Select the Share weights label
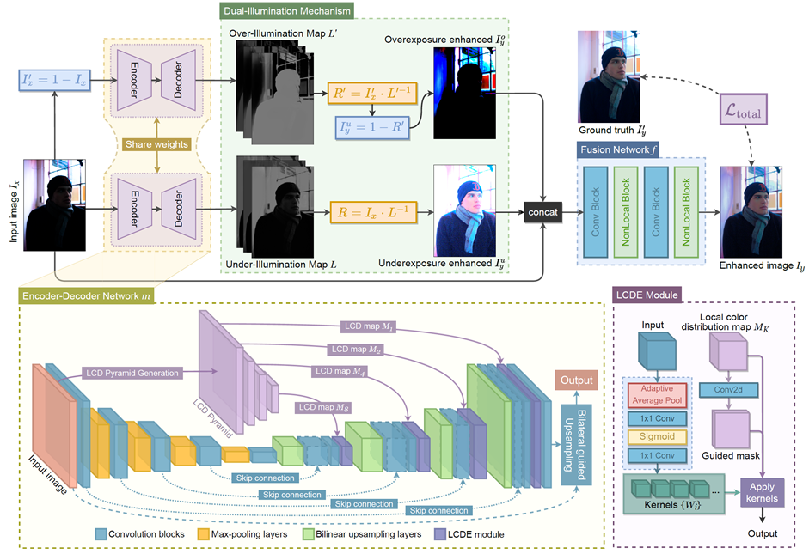pos(159,145)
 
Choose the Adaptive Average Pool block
pos(658,394)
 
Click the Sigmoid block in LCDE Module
pos(658,436)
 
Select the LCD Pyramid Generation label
pos(131,374)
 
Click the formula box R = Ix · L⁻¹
pos(370,210)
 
